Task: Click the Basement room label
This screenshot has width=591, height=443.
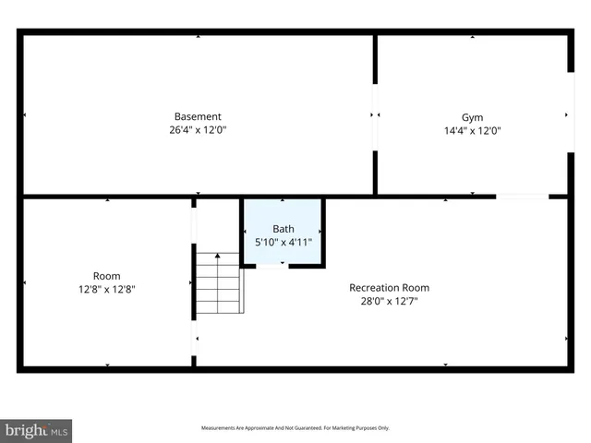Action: [x=198, y=116]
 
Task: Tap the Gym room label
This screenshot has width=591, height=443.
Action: [x=472, y=117]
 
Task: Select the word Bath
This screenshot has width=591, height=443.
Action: [x=283, y=229]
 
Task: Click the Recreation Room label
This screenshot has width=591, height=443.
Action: [x=389, y=287]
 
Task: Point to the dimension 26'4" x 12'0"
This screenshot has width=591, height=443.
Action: [x=198, y=130]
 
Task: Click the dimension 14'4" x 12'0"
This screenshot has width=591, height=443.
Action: [x=472, y=130]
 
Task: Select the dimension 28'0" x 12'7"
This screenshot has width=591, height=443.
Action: [x=389, y=301]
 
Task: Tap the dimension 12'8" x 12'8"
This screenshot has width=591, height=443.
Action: [x=107, y=289]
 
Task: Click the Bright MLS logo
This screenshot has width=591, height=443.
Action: [x=37, y=430]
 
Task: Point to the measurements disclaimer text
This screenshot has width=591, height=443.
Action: [x=295, y=428]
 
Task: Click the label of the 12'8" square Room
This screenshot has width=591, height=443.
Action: [x=107, y=276]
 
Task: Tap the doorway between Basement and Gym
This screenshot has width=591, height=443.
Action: [x=375, y=115]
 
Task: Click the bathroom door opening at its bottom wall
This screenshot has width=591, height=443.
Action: [x=271, y=266]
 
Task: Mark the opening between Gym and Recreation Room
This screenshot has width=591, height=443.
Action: [x=522, y=196]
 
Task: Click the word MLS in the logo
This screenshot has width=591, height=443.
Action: [x=59, y=431]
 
